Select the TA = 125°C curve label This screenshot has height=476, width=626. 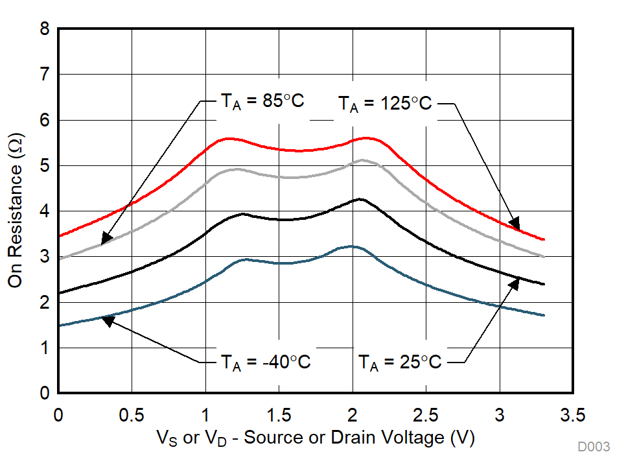pyautogui.click(x=384, y=102)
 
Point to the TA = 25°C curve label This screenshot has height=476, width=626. pyautogui.click(x=400, y=362)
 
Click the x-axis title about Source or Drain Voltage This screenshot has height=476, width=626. pyautogui.click(x=316, y=439)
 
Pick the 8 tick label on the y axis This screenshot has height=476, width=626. pyautogui.click(x=44, y=29)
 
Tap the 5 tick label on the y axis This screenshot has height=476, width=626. pyautogui.click(x=44, y=166)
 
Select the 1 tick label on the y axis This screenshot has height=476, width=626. pyautogui.click(x=44, y=348)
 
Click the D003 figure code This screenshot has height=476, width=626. pyautogui.click(x=594, y=447)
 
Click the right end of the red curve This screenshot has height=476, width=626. pyautogui.click(x=544, y=239)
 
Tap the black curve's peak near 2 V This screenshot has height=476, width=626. pyautogui.click(x=360, y=199)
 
